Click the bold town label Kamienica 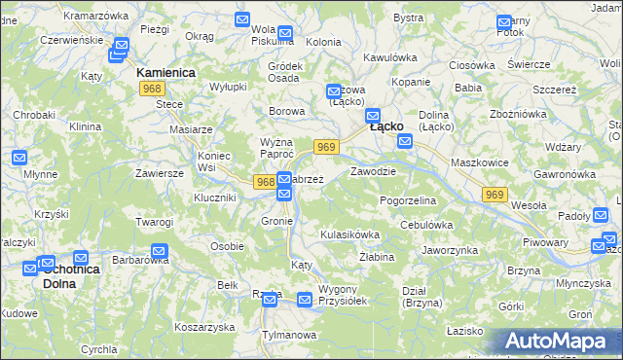tap(165, 73)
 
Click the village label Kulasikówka tap(348, 234)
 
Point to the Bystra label tap(409, 18)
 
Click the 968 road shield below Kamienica tap(151, 89)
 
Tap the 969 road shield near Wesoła tap(494, 196)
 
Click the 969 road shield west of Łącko tap(326, 147)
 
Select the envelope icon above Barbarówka tap(160, 252)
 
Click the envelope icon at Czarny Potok tap(503, 22)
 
